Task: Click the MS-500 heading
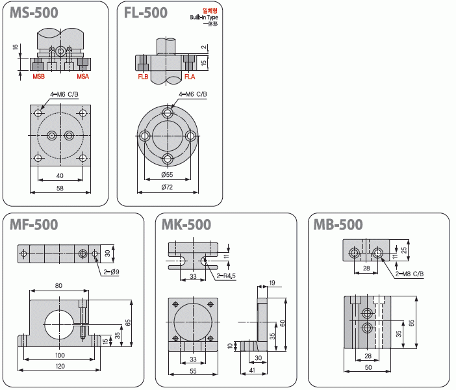[x=34, y=13]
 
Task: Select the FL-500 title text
[x=146, y=13]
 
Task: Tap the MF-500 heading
[x=34, y=225]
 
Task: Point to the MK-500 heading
[x=186, y=225]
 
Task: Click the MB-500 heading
[x=338, y=225]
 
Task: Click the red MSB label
[x=39, y=77]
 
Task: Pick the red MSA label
[x=83, y=77]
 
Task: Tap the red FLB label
[x=143, y=77]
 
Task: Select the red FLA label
[x=190, y=77]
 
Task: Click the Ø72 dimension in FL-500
[x=167, y=187]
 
